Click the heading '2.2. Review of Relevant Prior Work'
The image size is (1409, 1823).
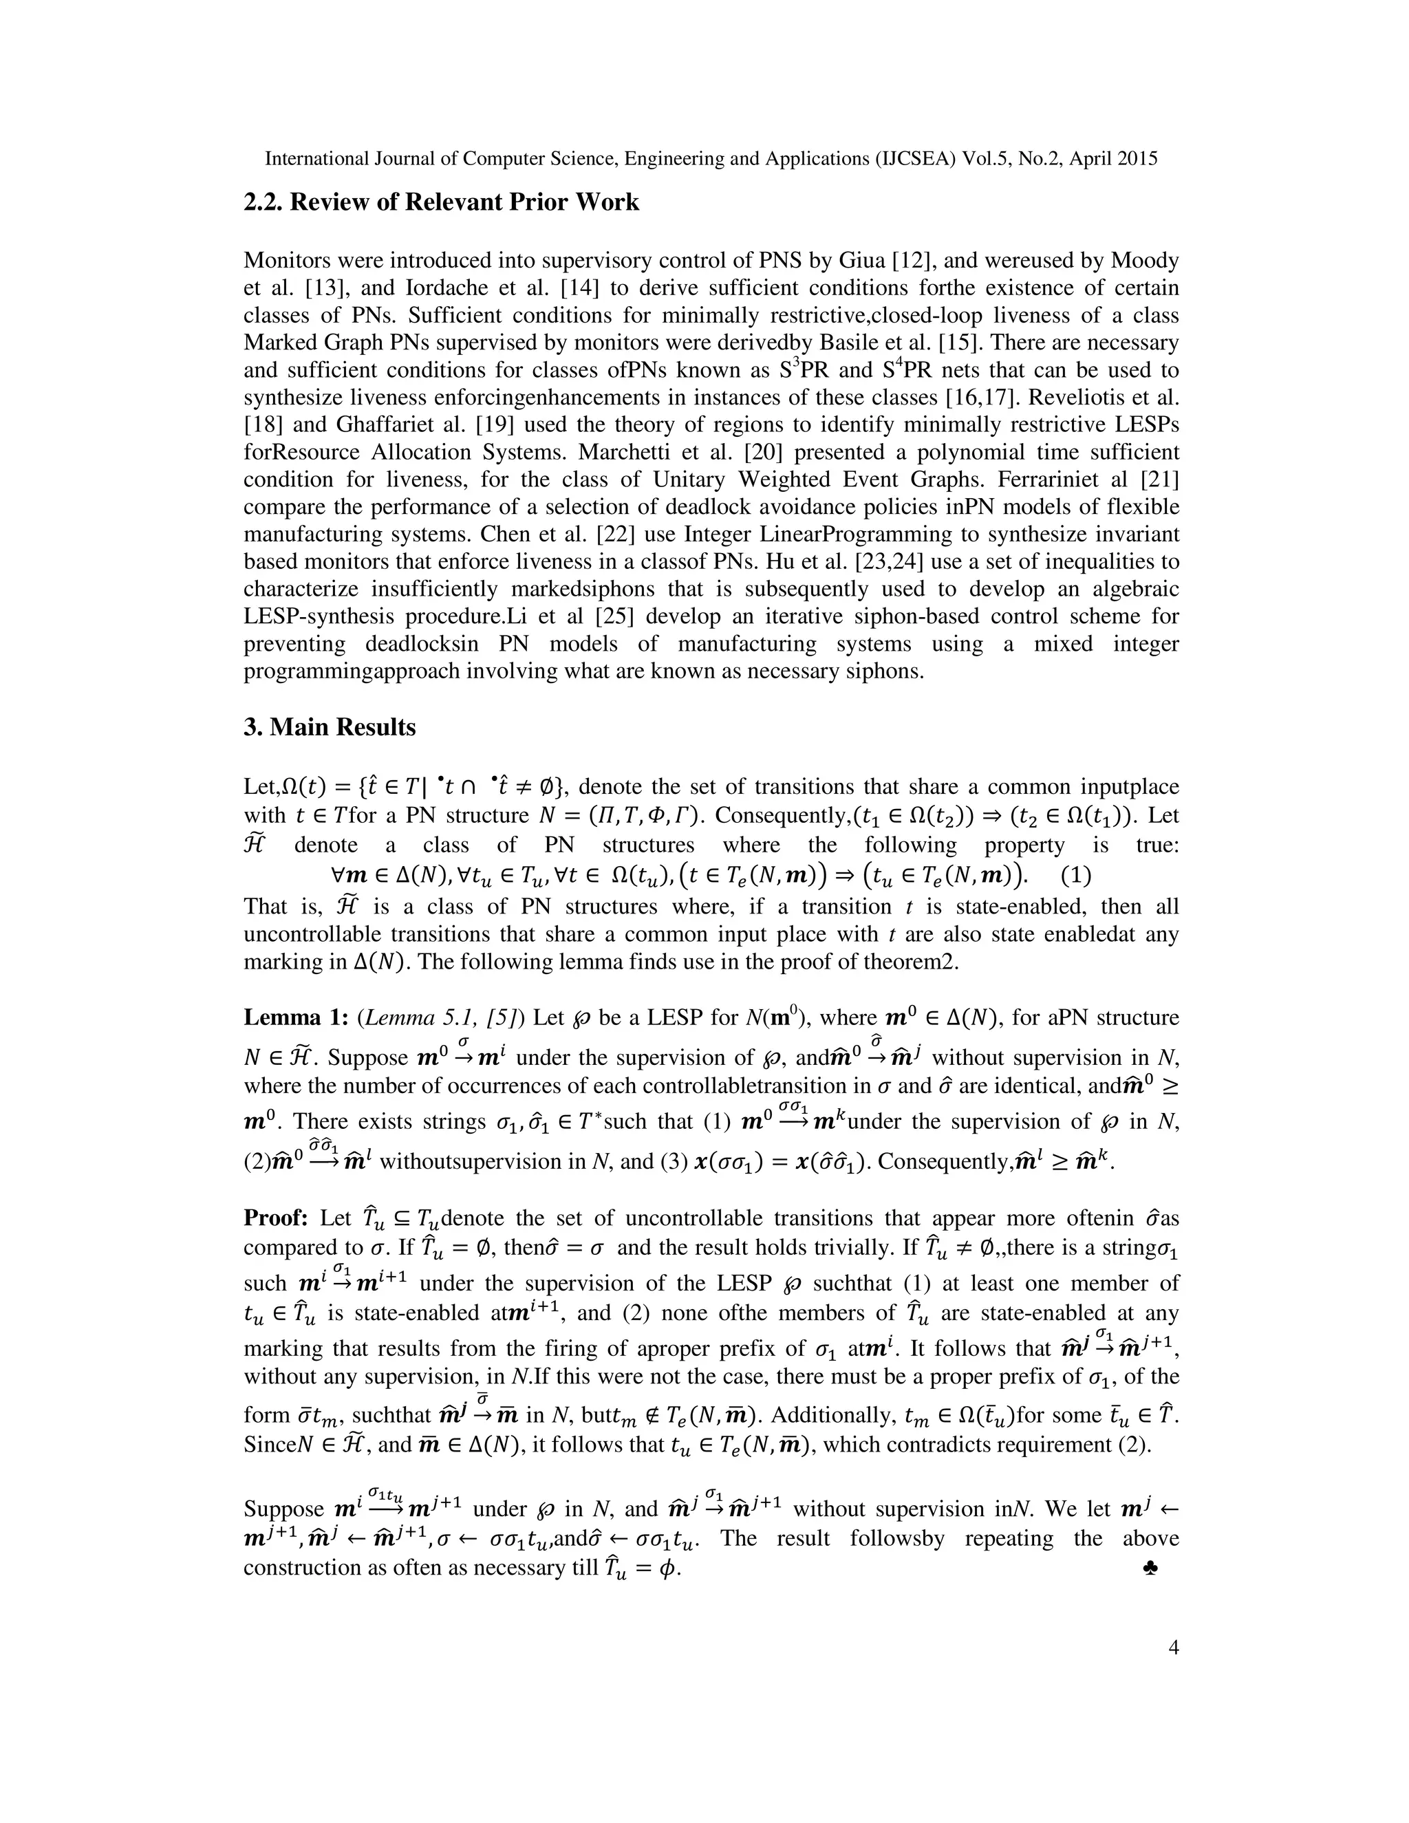coord(441,203)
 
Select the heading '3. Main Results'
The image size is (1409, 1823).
coord(329,728)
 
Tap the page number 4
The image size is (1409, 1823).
coord(1174,1648)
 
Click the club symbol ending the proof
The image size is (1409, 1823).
coord(1150,1570)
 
